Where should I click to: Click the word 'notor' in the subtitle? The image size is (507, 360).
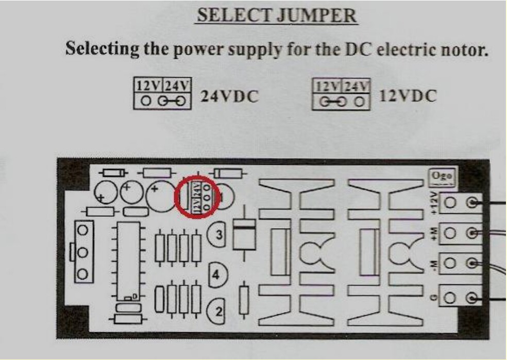(460, 50)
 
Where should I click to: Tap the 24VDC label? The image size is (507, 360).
(229, 96)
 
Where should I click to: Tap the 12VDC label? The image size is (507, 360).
(408, 95)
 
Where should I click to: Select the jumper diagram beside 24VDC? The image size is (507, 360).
(162, 93)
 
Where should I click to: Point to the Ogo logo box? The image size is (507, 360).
(442, 176)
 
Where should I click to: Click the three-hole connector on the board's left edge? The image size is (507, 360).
(82, 252)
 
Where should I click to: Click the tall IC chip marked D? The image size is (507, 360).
(126, 263)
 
